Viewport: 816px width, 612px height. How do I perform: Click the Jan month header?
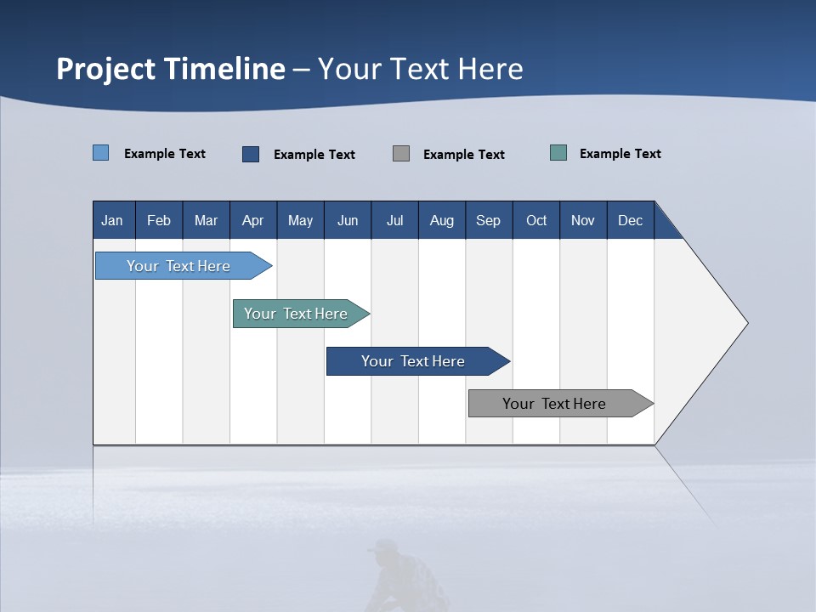(112, 221)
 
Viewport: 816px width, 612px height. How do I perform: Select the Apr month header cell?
(252, 221)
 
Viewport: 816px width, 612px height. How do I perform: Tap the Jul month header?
(394, 221)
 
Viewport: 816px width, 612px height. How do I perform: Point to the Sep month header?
(488, 221)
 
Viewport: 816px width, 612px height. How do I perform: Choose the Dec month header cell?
(630, 221)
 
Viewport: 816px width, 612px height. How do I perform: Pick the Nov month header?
(582, 221)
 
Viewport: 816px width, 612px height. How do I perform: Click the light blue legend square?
(101, 153)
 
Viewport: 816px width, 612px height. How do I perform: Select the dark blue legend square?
(251, 154)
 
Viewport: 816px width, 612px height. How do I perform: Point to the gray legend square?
(401, 153)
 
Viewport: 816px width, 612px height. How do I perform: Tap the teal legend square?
(558, 153)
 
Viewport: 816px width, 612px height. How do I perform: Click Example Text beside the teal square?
(620, 154)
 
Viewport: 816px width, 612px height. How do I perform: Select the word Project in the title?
(105, 70)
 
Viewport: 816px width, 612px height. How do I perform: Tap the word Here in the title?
(490, 69)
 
